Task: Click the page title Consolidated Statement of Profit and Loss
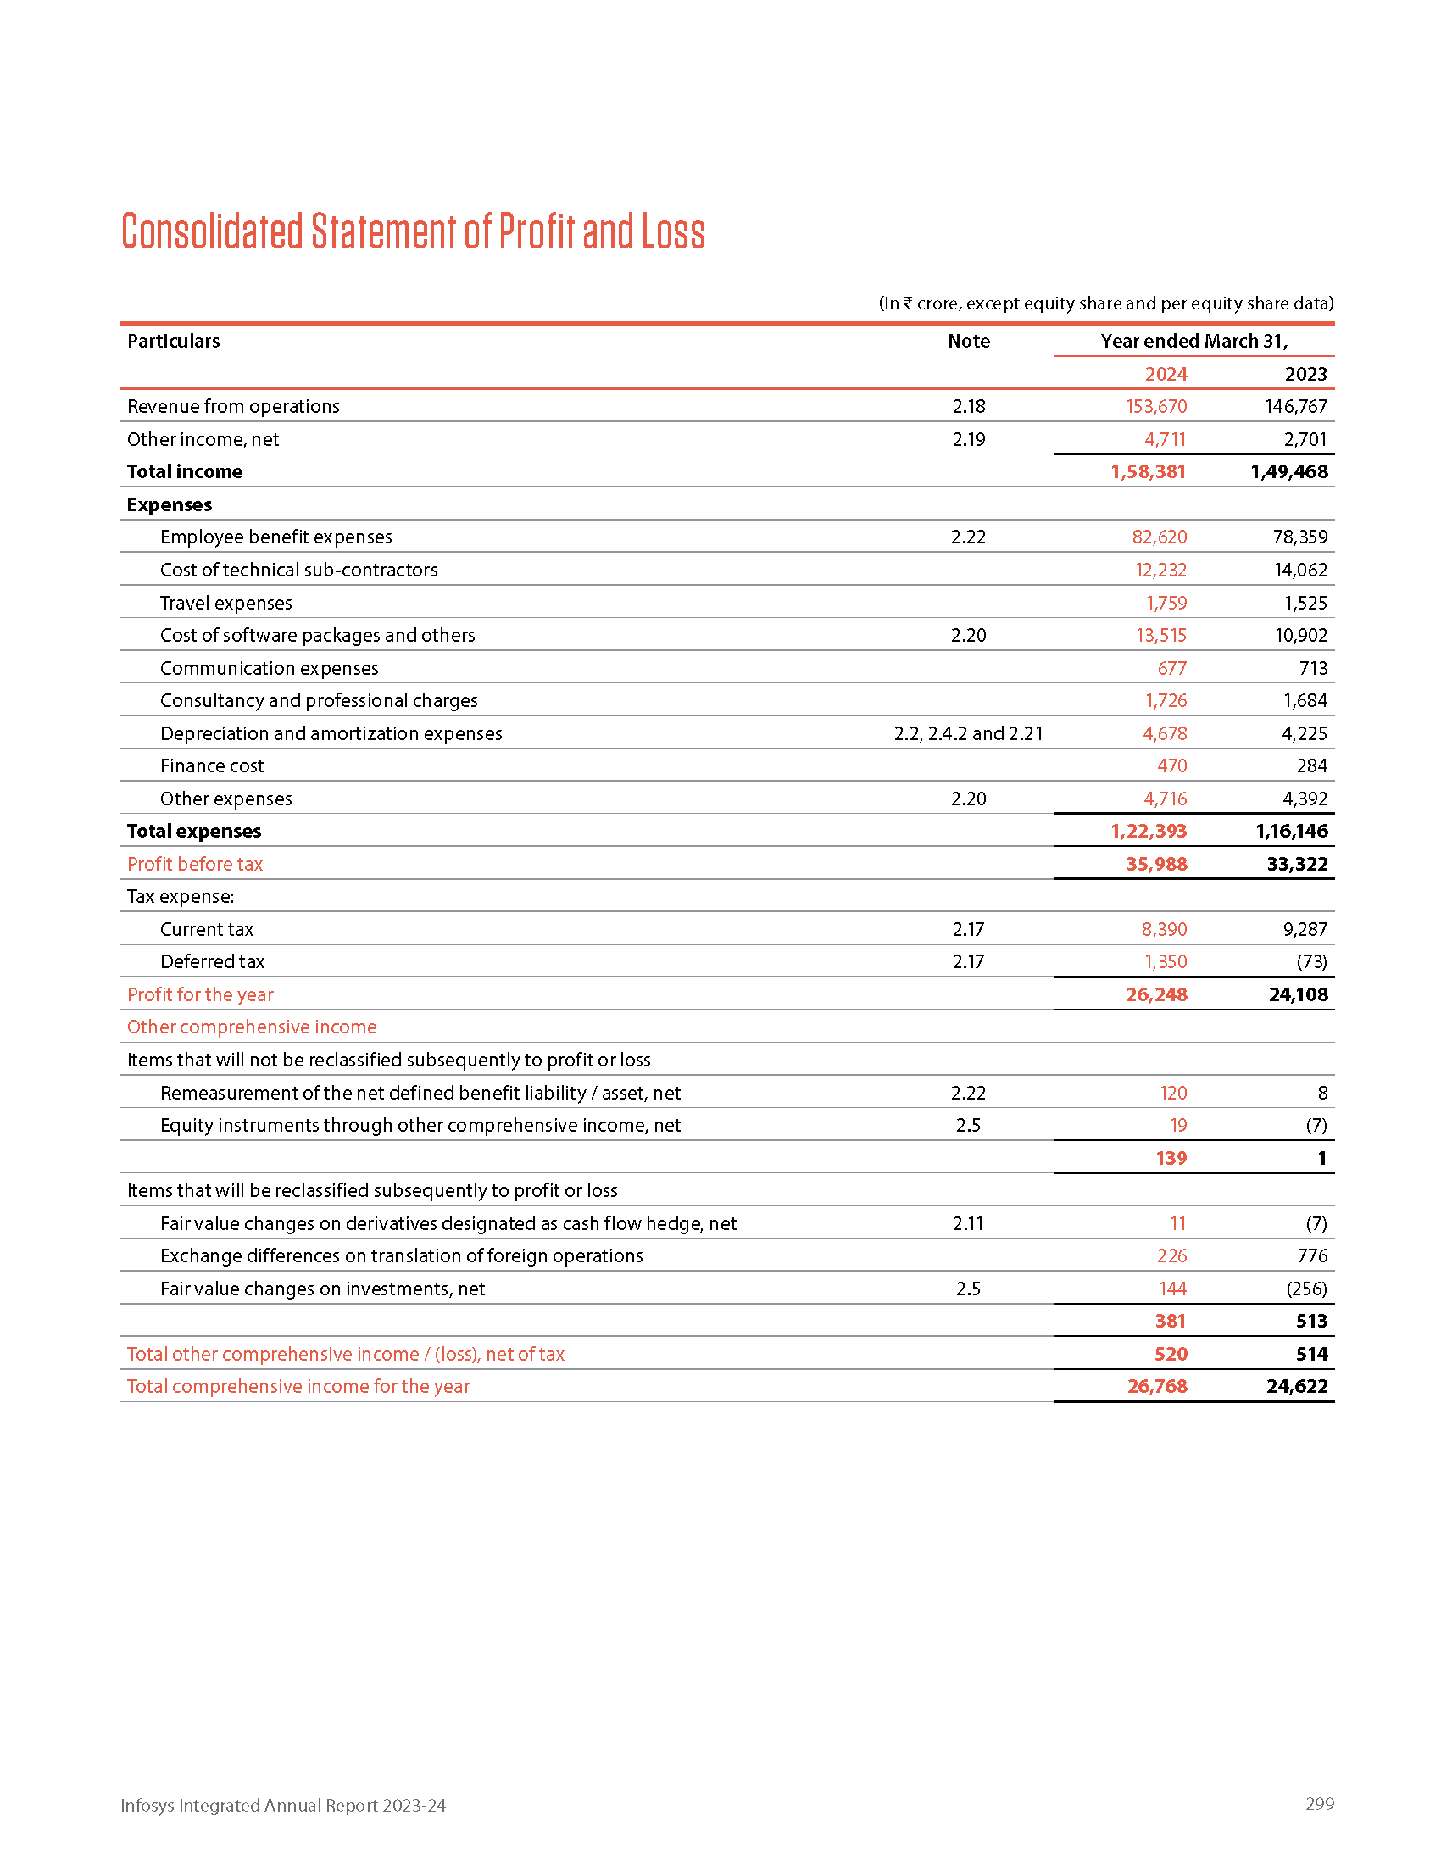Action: point(413,231)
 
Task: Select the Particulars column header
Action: point(173,341)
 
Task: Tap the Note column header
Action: point(968,341)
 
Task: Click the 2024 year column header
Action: point(1166,374)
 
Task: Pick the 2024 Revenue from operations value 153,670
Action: point(1156,406)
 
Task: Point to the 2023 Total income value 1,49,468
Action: point(1288,471)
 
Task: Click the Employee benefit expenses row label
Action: point(275,537)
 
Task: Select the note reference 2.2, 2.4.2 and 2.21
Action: point(968,733)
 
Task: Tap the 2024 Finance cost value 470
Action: point(1171,766)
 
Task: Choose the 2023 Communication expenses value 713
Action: point(1313,668)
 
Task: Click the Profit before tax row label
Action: point(195,864)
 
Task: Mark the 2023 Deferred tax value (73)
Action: point(1311,961)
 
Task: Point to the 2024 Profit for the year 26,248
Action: point(1156,995)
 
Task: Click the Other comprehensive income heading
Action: point(252,1027)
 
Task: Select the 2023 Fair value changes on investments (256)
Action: point(1306,1289)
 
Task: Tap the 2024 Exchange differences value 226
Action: point(1171,1256)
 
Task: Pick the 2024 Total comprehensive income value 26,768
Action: point(1157,1387)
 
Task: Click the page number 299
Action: point(1319,1803)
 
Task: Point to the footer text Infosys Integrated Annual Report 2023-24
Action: point(282,1805)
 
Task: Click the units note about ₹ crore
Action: point(1105,303)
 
